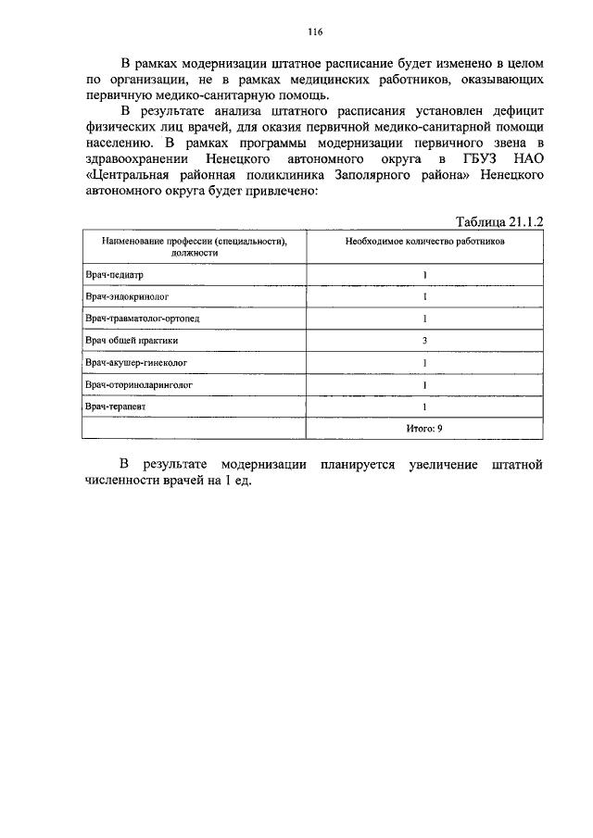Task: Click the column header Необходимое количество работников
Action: [x=425, y=239]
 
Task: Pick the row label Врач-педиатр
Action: [x=116, y=275]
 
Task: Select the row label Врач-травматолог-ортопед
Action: [x=142, y=319]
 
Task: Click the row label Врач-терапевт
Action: [x=116, y=406]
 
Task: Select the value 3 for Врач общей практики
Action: [x=424, y=340]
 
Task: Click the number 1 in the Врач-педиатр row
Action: [x=424, y=275]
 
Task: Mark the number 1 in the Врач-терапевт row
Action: [x=424, y=406]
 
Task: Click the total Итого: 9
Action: [x=424, y=428]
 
